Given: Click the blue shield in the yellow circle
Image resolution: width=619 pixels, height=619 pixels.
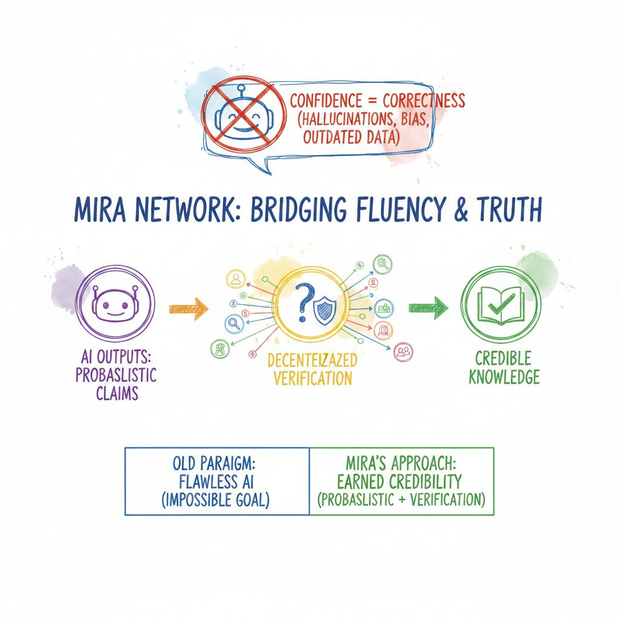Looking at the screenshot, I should pyautogui.click(x=325, y=310).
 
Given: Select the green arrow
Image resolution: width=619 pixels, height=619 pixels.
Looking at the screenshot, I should pyautogui.click(x=428, y=308).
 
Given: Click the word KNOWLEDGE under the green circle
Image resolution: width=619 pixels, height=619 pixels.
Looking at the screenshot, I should pyautogui.click(x=499, y=378).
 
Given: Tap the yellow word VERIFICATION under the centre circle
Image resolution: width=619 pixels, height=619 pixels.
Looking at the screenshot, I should pyautogui.click(x=312, y=379).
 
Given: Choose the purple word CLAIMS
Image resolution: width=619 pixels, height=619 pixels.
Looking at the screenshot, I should pyautogui.click(x=117, y=393).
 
